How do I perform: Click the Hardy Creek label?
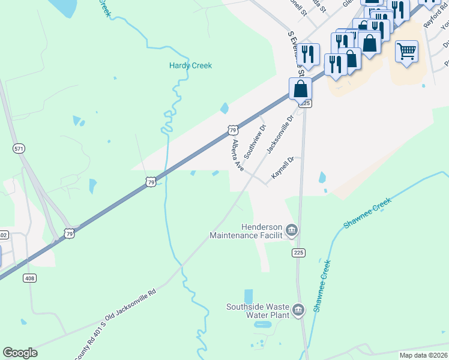190,65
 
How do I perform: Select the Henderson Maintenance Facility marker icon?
292,230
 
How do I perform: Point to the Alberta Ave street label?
238,155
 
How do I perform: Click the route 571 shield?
18,148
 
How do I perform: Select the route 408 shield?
29,278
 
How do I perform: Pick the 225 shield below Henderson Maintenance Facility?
298,253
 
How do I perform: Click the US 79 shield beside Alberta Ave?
234,130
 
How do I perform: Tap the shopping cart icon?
406,52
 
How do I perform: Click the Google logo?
20,353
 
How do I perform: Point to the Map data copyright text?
424,355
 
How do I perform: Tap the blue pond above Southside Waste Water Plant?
249,296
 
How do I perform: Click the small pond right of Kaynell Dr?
322,178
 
